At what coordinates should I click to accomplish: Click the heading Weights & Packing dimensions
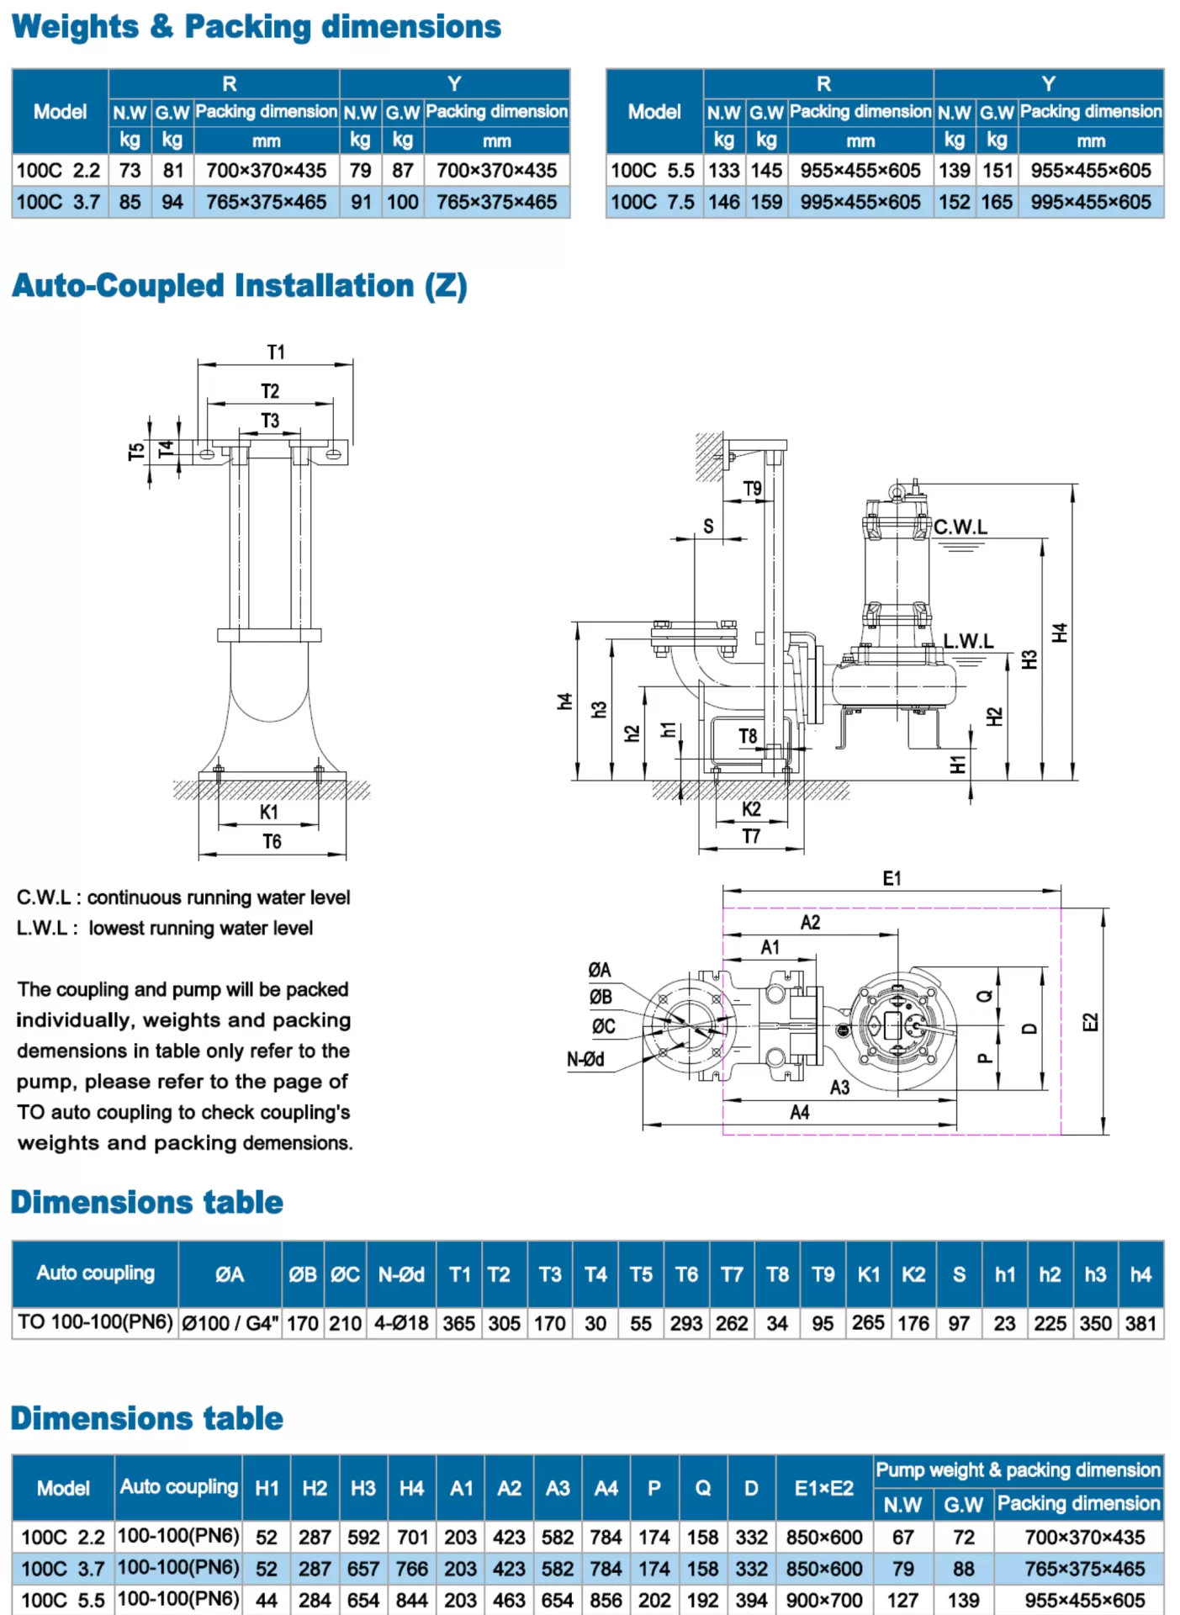(256, 27)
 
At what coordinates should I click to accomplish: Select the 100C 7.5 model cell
(653, 203)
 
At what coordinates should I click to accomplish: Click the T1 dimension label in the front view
(276, 352)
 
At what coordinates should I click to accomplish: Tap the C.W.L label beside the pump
(960, 527)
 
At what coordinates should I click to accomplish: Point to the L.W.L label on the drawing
(968, 641)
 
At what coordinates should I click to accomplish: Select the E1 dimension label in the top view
(892, 878)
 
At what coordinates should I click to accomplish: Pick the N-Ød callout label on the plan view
(585, 1060)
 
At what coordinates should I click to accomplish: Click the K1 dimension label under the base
(268, 813)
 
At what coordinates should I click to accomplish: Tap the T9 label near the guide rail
(752, 489)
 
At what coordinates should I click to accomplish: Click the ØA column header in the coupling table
(230, 1274)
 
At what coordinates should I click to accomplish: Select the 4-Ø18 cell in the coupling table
(401, 1323)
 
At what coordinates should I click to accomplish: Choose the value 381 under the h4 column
(1140, 1323)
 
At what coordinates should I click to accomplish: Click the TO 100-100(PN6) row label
(95, 1322)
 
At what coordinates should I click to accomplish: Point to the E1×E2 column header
(823, 1488)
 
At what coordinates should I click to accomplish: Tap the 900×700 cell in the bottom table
(823, 1601)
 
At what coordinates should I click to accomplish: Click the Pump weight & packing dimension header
(1018, 1469)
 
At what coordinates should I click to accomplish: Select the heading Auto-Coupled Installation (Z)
(240, 286)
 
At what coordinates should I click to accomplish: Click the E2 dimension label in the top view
(1090, 1022)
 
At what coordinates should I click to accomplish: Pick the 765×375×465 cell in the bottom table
(1084, 1569)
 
